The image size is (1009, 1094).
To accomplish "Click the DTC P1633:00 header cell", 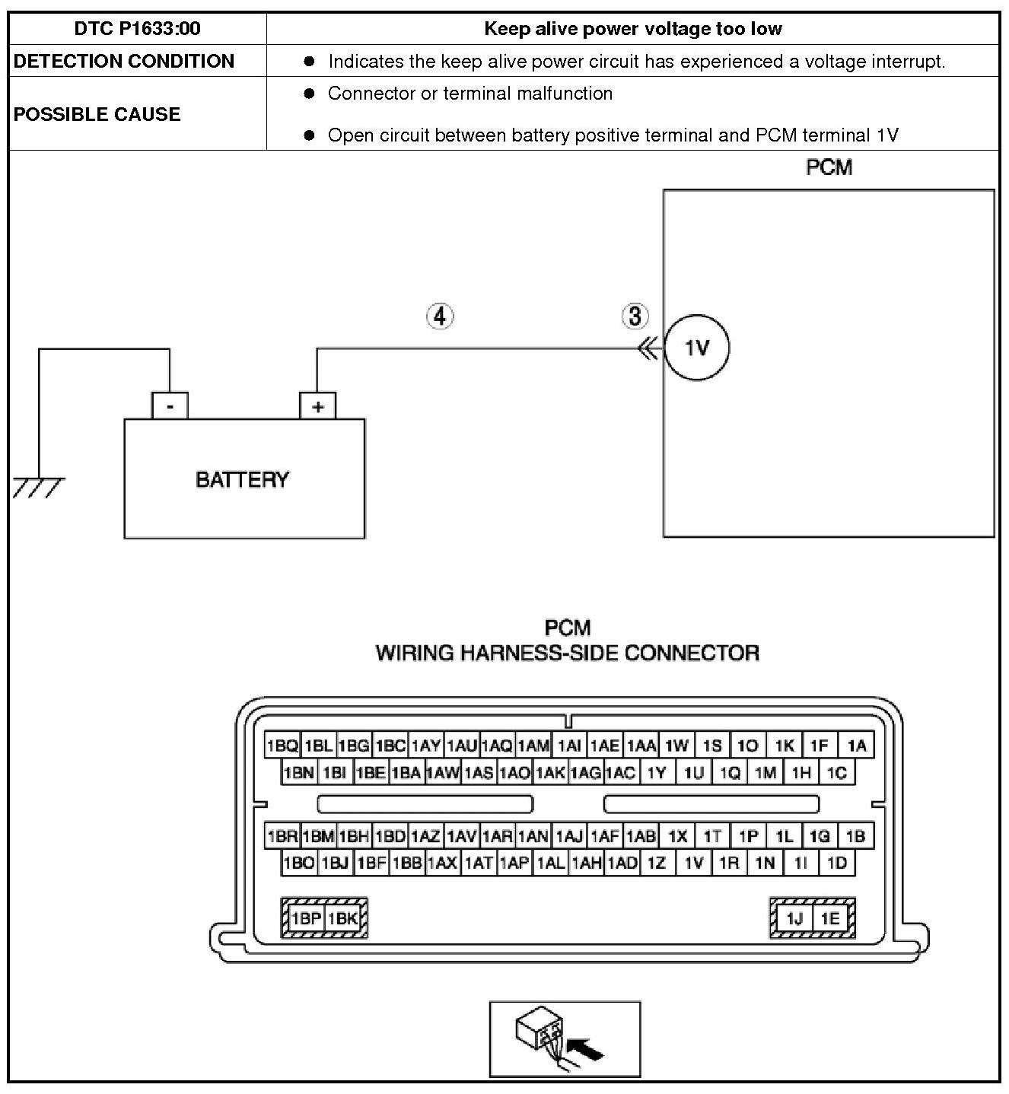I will tap(138, 29).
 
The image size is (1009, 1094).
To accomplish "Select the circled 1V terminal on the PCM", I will tap(696, 348).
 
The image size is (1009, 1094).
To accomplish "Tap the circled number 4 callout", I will tap(440, 316).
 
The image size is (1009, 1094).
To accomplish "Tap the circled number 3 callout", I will tap(635, 316).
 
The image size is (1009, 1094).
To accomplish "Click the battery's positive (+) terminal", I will tap(317, 406).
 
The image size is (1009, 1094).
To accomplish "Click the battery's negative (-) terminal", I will tap(170, 406).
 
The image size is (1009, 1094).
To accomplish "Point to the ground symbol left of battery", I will tap(38, 485).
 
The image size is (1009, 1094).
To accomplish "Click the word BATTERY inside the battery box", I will tap(243, 479).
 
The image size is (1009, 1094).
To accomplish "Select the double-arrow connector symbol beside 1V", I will tap(648, 349).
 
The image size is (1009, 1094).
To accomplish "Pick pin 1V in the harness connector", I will tap(693, 863).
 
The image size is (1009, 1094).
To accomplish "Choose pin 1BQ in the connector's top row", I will tap(282, 746).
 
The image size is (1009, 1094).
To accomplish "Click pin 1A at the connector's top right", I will tap(857, 746).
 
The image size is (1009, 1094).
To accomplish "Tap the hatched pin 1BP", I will tap(307, 918).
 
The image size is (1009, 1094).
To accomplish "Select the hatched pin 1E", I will tap(830, 918).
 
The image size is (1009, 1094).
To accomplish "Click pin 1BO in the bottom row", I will tap(298, 863).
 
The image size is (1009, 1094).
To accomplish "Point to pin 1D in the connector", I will tap(837, 863).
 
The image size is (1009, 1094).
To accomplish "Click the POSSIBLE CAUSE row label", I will tap(97, 114).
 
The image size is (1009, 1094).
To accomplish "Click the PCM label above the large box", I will tap(829, 167).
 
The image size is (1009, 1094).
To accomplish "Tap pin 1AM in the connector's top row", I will tap(533, 746).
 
